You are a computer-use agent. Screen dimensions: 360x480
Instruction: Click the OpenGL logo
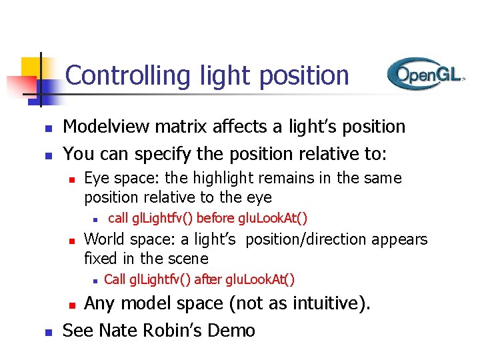pyautogui.click(x=425, y=74)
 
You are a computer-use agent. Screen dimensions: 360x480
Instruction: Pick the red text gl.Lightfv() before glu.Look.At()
pyautogui.click(x=207, y=217)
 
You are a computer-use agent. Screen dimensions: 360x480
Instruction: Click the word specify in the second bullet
pyautogui.click(x=161, y=153)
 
